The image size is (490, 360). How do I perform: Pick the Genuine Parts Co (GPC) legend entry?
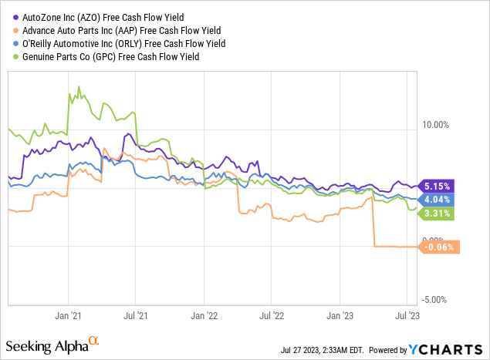pyautogui.click(x=112, y=57)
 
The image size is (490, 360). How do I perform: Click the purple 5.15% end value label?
pyautogui.click(x=437, y=186)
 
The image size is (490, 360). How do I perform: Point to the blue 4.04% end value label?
pyautogui.click(x=437, y=199)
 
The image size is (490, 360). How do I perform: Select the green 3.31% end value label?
pyautogui.click(x=437, y=212)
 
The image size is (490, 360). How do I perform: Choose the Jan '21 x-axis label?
pyautogui.click(x=68, y=315)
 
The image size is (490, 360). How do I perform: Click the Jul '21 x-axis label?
pyautogui.click(x=136, y=315)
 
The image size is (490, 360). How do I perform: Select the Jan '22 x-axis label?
pyautogui.click(x=204, y=315)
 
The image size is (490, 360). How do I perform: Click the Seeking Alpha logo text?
pyautogui.click(x=54, y=341)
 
